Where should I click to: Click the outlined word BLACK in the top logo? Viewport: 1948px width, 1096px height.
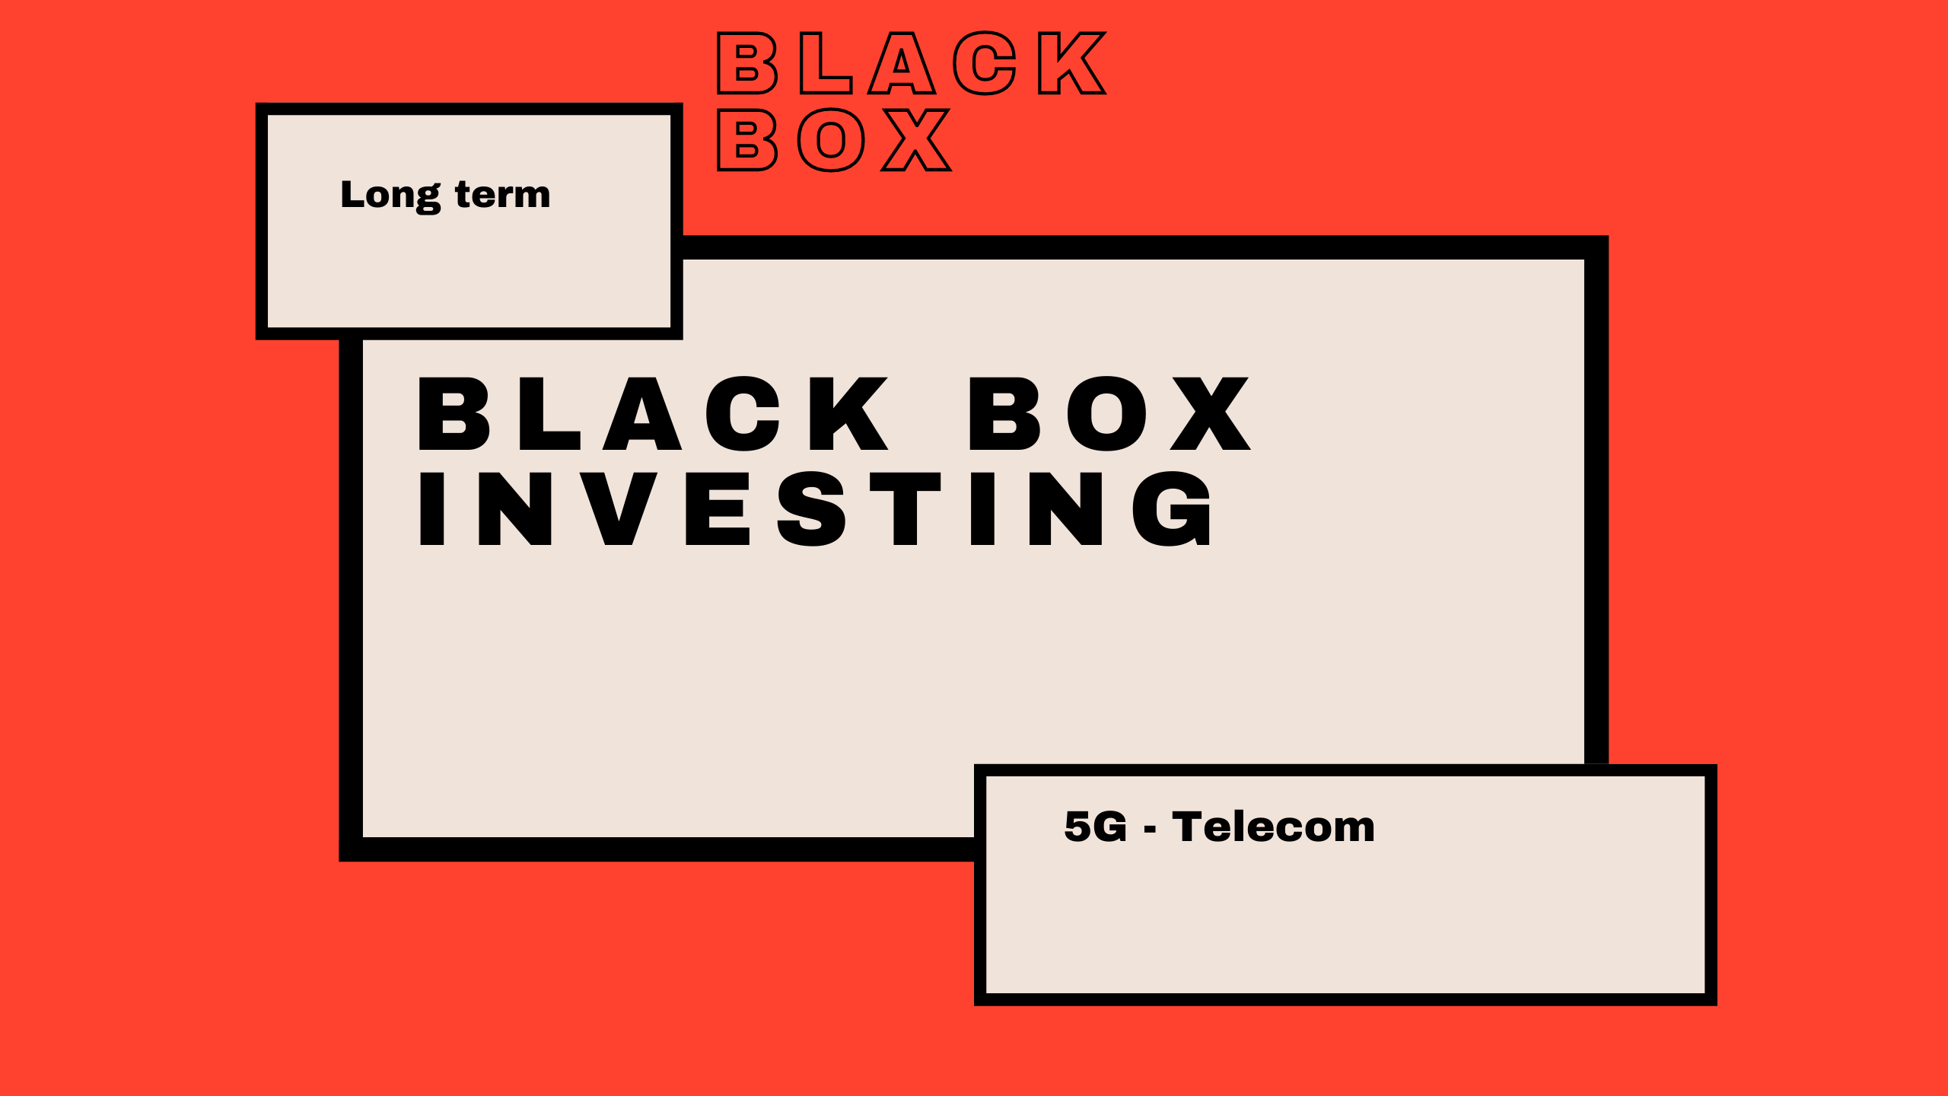point(912,63)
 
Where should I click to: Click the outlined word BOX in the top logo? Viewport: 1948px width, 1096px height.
point(834,139)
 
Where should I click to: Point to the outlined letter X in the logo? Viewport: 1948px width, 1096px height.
point(916,139)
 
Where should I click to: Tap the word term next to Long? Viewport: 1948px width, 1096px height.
point(502,195)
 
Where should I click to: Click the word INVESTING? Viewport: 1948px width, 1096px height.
point(815,508)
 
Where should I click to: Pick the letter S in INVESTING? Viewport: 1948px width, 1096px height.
point(812,508)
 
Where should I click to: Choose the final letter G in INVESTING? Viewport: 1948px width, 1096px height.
point(1172,508)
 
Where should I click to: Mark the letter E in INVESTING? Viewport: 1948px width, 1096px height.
point(718,508)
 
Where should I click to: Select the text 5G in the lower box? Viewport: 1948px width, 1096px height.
point(1095,827)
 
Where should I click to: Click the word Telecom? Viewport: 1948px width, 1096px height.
point(1273,827)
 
